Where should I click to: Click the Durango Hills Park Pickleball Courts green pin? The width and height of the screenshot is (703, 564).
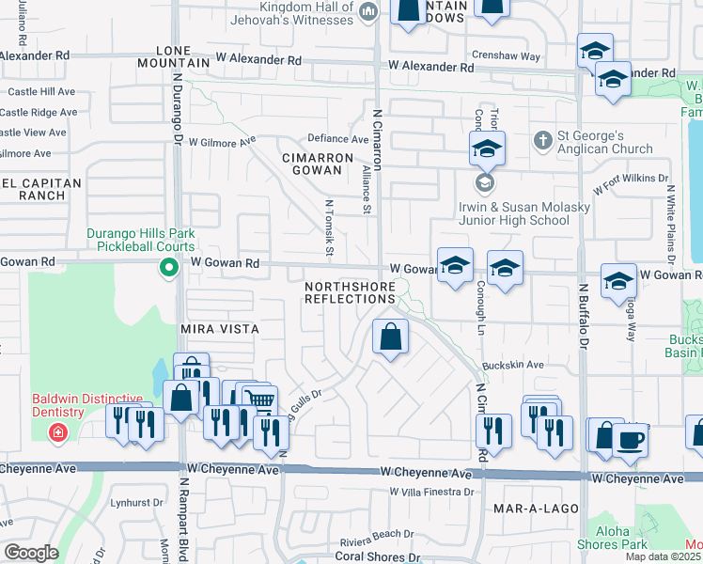169,270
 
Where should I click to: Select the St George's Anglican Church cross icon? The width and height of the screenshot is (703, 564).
541,141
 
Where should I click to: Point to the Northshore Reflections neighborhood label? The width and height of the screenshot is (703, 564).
350,291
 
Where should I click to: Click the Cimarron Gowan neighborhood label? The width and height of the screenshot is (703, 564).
321,165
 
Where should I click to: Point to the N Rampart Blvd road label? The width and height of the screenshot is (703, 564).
182,512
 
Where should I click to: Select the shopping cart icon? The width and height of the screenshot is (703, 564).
259,401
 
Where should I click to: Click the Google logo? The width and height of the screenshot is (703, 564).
30,553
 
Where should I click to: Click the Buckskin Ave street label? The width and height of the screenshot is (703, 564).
512,365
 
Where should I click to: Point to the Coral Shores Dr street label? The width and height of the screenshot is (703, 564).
379,557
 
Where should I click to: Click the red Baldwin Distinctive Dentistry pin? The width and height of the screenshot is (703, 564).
58,432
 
